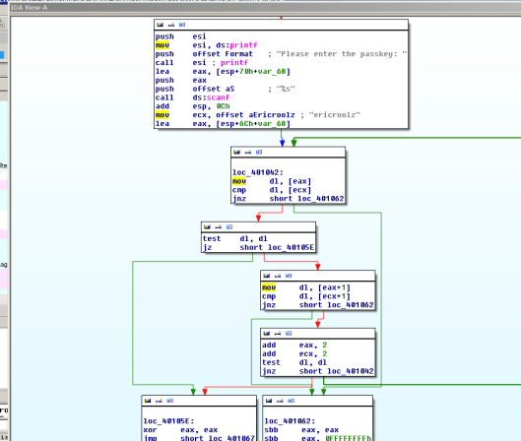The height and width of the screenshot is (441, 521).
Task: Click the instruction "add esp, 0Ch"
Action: (188, 105)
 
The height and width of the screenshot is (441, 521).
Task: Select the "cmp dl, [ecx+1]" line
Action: (305, 295)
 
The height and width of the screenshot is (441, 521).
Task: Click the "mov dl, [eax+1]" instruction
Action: (305, 286)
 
